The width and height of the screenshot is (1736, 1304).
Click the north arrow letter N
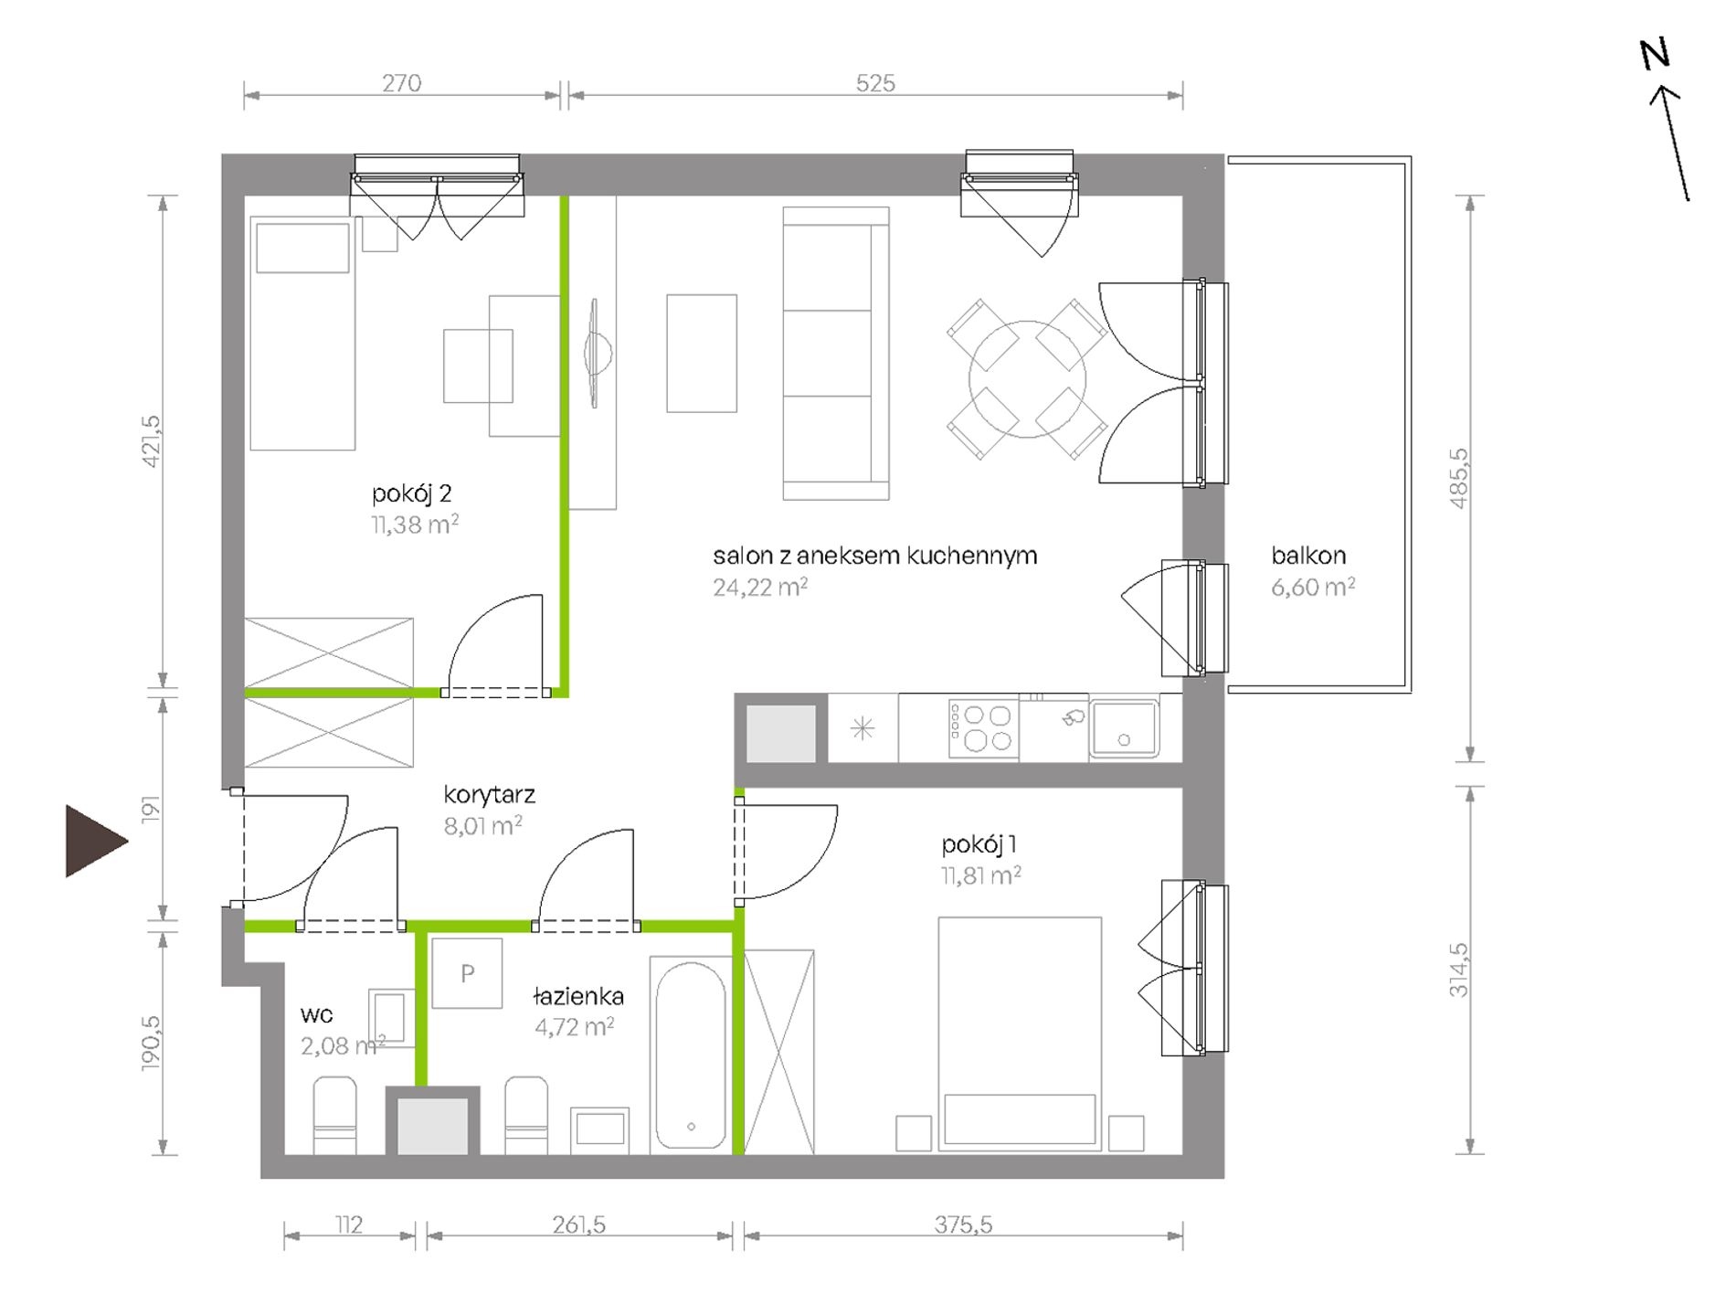[1655, 54]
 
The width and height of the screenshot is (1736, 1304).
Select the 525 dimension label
[874, 83]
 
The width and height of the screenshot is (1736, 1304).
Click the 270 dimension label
[401, 83]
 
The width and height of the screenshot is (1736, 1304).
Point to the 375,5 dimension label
[963, 1224]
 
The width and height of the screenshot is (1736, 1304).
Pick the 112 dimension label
[349, 1224]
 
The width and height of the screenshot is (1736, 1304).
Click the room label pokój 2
[411, 494]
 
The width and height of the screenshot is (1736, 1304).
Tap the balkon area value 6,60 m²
[1313, 587]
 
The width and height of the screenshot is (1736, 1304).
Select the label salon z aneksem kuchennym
[875, 556]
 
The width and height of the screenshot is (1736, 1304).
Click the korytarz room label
[489, 795]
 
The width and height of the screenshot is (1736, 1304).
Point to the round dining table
[1027, 379]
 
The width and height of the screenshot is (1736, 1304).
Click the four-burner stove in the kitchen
[983, 728]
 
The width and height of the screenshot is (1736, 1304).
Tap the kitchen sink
[1124, 728]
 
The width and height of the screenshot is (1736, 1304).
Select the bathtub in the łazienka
[691, 1055]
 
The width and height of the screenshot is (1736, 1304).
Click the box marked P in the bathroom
[467, 973]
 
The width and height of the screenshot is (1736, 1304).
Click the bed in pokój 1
[1020, 1034]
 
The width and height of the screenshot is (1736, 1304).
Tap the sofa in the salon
[836, 354]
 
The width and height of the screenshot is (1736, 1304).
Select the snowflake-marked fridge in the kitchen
[863, 728]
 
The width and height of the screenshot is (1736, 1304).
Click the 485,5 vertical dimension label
[1458, 478]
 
